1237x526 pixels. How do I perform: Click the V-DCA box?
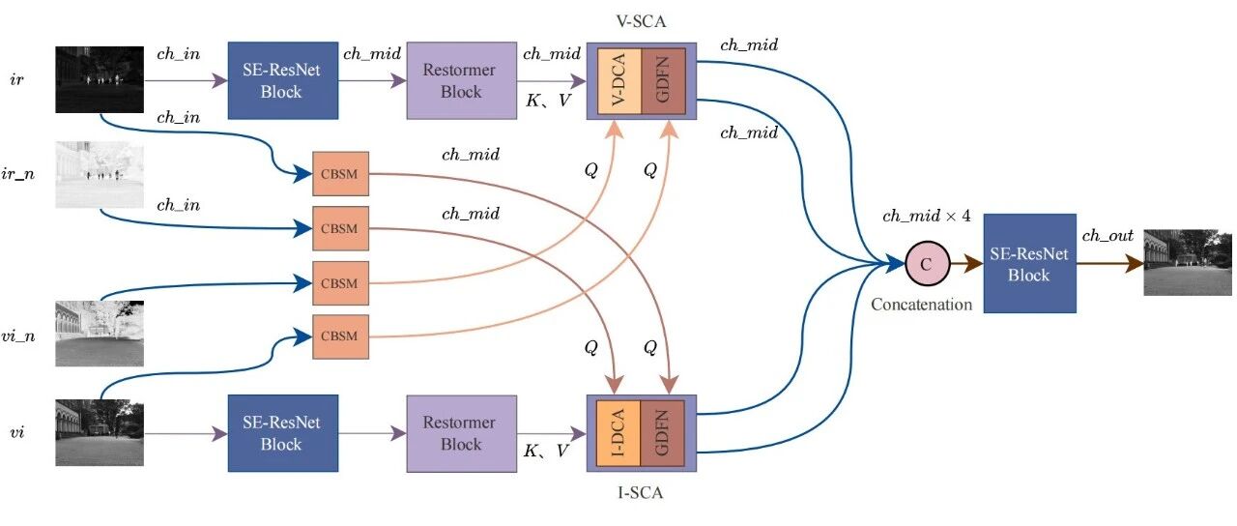click(x=619, y=80)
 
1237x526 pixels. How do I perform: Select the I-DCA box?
click(x=618, y=433)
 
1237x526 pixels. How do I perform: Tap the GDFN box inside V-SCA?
click(x=663, y=80)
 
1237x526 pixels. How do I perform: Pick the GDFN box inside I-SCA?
click(x=663, y=433)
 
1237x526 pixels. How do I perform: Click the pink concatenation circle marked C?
click(x=927, y=264)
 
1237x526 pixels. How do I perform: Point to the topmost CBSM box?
click(x=340, y=173)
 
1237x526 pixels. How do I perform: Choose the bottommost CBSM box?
click(x=340, y=336)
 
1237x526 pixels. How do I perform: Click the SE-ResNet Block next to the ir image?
click(x=283, y=80)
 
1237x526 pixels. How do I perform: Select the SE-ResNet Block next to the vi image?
click(x=283, y=433)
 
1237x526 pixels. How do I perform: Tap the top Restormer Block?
click(x=462, y=80)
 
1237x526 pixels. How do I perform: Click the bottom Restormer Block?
click(x=462, y=433)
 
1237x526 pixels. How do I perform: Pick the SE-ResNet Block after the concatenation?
click(x=1029, y=264)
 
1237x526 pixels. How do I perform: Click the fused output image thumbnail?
click(x=1188, y=262)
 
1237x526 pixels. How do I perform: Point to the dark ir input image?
click(x=100, y=79)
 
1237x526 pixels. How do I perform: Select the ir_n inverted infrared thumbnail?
click(x=100, y=175)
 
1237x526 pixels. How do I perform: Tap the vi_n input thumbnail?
click(x=100, y=334)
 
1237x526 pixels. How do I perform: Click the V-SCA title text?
click(x=641, y=21)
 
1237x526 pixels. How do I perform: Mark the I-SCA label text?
click(x=640, y=492)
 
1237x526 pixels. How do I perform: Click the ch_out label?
click(x=1108, y=236)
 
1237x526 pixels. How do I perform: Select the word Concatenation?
click(x=921, y=305)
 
